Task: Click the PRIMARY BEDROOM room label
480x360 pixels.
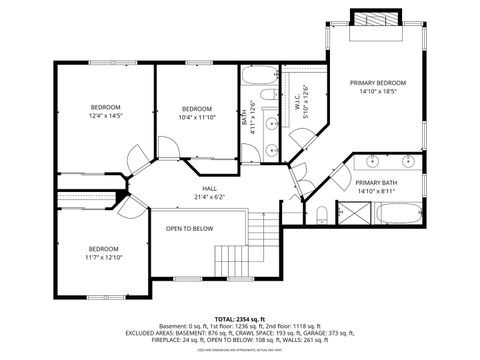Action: point(377,82)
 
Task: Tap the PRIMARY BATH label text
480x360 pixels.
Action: point(376,182)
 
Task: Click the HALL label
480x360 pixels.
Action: point(209,188)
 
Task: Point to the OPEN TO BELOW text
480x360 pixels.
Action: point(189,228)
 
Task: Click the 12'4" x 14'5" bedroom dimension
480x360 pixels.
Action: point(105,116)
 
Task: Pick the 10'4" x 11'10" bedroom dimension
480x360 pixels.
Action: point(196,117)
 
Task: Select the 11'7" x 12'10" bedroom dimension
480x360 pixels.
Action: point(103,257)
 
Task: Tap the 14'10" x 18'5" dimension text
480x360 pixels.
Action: point(377,91)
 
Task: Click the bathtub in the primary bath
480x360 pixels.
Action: point(399,213)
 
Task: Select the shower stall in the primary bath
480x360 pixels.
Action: point(352,213)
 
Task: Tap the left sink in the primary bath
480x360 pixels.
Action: point(370,160)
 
